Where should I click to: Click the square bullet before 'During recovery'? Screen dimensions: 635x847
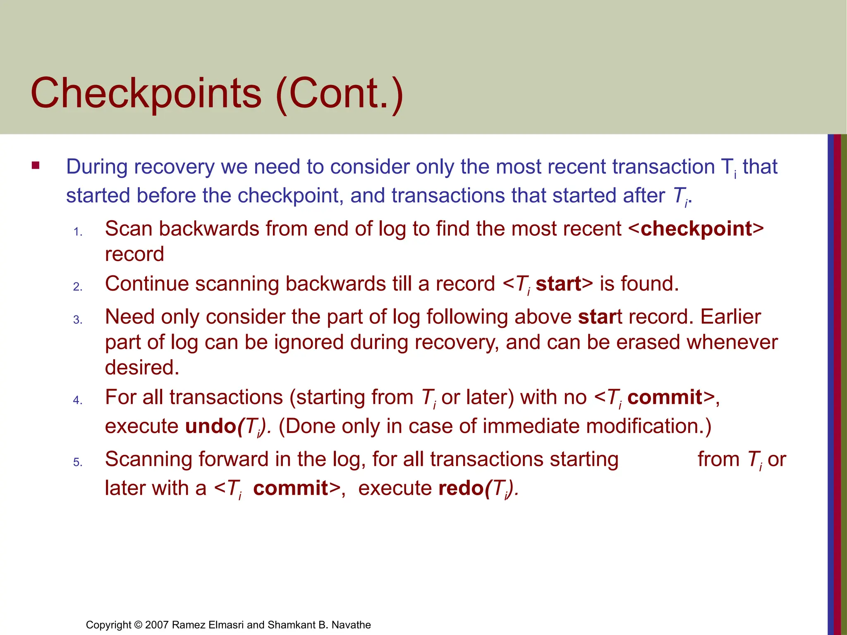36,166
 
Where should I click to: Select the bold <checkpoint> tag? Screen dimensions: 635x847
696,229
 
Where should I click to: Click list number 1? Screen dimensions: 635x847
78,232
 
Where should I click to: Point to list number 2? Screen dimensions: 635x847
78,286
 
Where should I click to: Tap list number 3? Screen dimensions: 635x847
78,320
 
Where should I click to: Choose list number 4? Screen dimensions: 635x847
78,400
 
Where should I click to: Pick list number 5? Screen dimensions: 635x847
78,462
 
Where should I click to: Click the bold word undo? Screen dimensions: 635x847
210,426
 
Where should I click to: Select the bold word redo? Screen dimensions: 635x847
461,488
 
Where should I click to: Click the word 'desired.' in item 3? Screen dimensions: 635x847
142,368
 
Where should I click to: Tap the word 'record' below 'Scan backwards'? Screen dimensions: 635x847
134,254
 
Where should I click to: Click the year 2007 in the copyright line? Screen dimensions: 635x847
157,625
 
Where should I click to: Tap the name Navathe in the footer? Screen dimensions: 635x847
351,625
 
